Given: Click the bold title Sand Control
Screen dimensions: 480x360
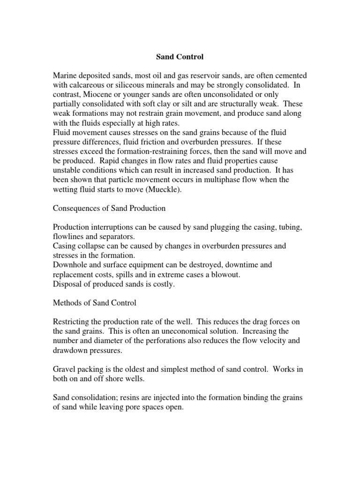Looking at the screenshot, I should click(x=180, y=57).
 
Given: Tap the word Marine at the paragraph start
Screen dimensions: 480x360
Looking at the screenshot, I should click(x=64, y=76).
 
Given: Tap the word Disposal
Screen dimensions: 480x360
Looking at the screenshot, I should click(x=67, y=284).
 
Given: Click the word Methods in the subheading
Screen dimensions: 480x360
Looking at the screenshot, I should click(x=67, y=303).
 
